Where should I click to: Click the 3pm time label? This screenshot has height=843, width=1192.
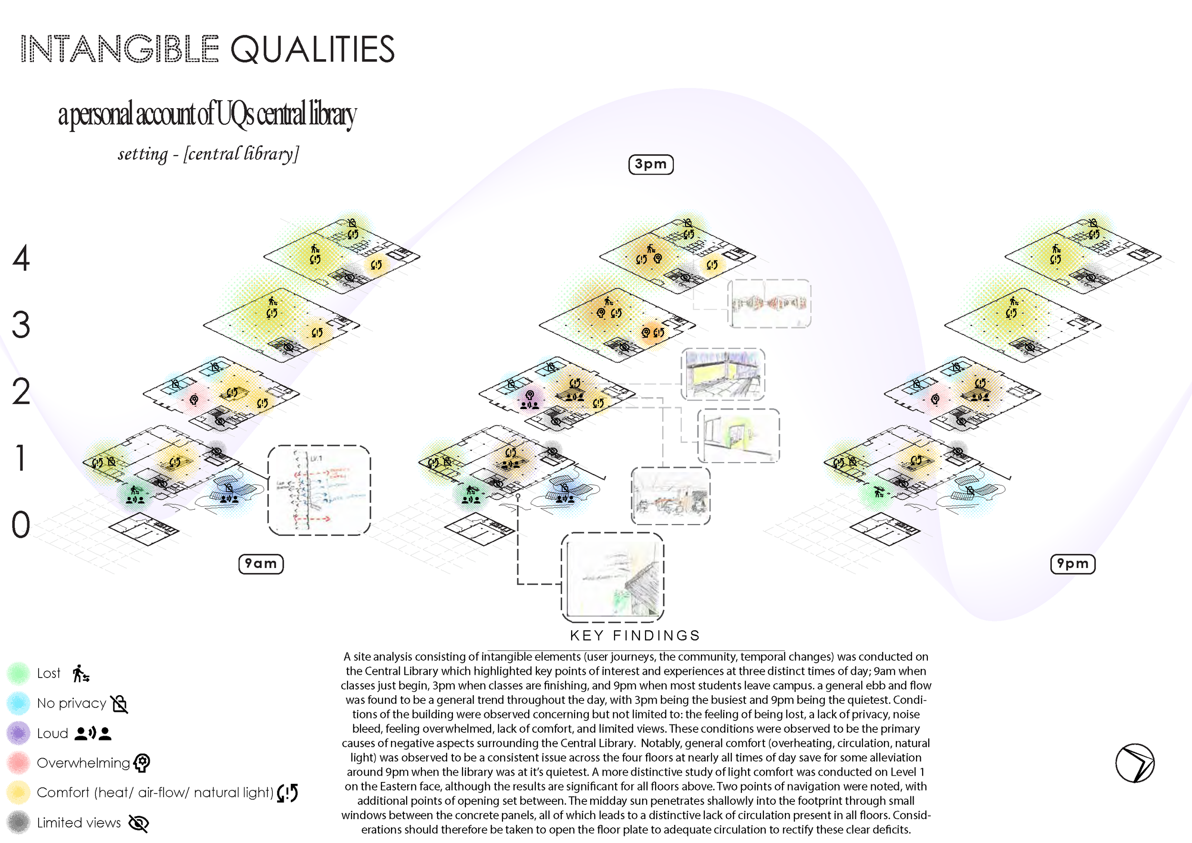click(x=650, y=164)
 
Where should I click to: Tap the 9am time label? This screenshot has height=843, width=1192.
click(x=261, y=564)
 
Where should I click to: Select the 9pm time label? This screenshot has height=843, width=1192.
click(x=1073, y=564)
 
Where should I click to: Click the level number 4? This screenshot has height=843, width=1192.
click(x=21, y=258)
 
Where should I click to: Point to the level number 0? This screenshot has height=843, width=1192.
click(x=21, y=525)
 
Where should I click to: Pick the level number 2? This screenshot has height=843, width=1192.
click(x=21, y=391)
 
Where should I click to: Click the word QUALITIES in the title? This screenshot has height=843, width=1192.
click(x=312, y=49)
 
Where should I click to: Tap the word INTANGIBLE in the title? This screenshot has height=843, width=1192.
click(x=119, y=49)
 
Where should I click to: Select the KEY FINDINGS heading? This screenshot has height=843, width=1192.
click(x=635, y=636)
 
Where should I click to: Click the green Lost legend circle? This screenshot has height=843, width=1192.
click(x=19, y=673)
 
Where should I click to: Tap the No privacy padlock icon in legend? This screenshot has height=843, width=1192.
click(x=119, y=703)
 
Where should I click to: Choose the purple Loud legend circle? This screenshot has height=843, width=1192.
click(x=19, y=733)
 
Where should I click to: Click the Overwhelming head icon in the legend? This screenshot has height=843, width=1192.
click(x=142, y=762)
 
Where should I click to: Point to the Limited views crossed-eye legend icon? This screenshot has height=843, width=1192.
click(x=139, y=823)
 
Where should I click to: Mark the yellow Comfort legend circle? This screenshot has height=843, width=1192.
click(x=19, y=792)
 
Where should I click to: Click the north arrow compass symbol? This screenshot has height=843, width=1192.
click(x=1135, y=763)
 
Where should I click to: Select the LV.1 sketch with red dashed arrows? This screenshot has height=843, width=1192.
click(x=319, y=490)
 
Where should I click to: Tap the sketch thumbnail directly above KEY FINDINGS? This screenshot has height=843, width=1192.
click(x=613, y=577)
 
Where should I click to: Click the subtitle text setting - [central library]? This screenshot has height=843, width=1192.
click(x=208, y=154)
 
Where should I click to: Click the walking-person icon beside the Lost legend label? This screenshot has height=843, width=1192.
click(x=81, y=673)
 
